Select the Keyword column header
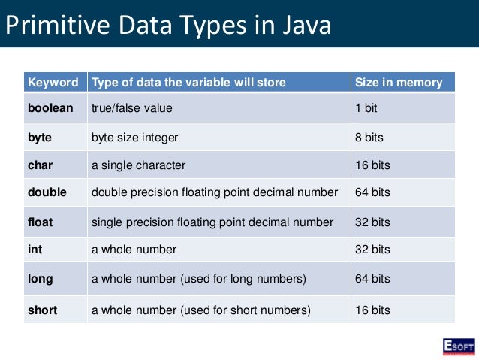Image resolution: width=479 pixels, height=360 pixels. (53, 82)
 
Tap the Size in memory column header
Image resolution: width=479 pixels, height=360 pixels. (399, 82)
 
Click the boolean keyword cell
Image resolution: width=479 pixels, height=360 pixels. (50, 108)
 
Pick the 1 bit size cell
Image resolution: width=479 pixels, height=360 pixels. (366, 108)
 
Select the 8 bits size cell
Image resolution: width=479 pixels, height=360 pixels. (369, 138)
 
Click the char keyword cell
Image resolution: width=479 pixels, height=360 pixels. (41, 165)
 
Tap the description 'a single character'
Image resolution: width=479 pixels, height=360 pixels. (138, 165)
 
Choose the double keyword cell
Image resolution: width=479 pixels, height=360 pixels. (47, 192)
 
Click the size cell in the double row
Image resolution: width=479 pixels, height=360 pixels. (372, 192)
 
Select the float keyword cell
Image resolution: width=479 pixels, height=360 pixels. (41, 222)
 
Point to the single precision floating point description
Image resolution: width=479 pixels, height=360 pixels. (212, 222)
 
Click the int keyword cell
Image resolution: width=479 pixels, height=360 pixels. (35, 249)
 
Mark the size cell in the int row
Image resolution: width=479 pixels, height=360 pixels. (372, 249)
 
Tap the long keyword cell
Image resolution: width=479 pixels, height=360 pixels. (41, 279)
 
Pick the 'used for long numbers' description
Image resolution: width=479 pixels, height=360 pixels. (199, 279)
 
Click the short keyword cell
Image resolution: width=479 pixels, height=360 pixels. (43, 309)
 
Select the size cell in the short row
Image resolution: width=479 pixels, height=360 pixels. (372, 309)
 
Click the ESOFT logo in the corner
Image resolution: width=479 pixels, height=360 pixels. (458, 346)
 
